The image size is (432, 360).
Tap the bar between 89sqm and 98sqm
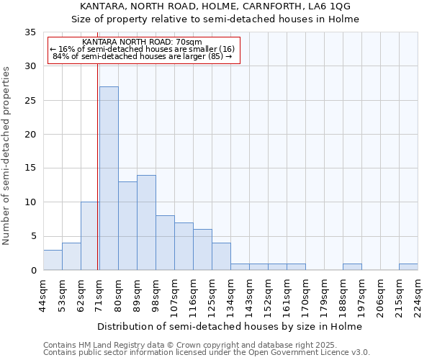[146, 222]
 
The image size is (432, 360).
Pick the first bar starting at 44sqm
[53, 260]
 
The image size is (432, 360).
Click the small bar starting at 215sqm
[408, 267]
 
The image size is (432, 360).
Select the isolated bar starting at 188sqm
[352, 267]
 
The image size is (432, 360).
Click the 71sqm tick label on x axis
[100, 295]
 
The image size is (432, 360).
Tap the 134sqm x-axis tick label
[231, 295]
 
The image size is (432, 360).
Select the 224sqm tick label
[418, 295]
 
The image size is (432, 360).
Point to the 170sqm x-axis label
[306, 295]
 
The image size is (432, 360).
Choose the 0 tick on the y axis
[32, 271]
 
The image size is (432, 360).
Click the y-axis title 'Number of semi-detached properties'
[7, 156]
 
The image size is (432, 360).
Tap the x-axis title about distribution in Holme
[230, 326]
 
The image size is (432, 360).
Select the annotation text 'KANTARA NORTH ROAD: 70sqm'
[143, 42]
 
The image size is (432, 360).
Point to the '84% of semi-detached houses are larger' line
[143, 56]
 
